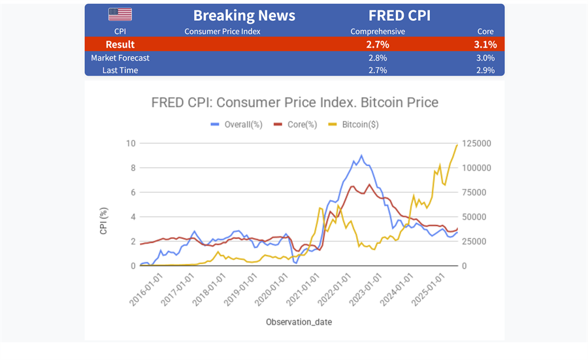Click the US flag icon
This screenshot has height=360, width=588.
pyautogui.click(x=120, y=14)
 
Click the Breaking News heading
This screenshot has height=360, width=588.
pyautogui.click(x=244, y=16)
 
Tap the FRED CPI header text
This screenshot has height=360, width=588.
pyautogui.click(x=399, y=16)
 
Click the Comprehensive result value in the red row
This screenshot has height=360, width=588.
pyautogui.click(x=378, y=44)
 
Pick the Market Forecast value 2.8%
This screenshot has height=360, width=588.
pyautogui.click(x=378, y=57)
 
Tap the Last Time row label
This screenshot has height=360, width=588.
pyautogui.click(x=120, y=70)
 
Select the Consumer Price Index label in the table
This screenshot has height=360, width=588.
pyautogui.click(x=223, y=31)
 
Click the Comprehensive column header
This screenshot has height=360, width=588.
pyautogui.click(x=378, y=31)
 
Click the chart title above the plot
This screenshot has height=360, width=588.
pyautogui.click(x=295, y=103)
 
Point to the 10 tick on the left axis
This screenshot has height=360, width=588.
pyautogui.click(x=131, y=144)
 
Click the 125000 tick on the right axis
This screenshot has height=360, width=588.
pyautogui.click(x=478, y=144)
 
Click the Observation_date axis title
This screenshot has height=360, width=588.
pyautogui.click(x=295, y=322)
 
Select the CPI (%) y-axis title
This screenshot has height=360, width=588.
pyautogui.click(x=103, y=221)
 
